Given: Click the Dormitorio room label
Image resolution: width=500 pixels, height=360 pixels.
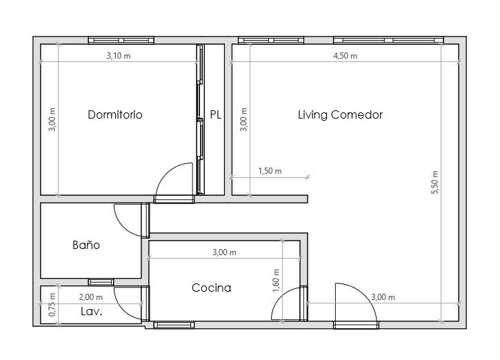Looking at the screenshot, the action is pos(114,114).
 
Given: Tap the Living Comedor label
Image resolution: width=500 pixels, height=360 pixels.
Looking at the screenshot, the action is pos(340,114).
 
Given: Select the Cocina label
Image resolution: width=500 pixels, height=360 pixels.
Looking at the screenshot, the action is pos(211,288).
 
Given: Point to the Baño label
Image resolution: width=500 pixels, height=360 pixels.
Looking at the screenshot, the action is pos(86,245).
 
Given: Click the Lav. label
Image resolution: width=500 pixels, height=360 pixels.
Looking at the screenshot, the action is pos(92,311).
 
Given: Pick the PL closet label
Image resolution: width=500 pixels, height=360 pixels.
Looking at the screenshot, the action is pos(216,114).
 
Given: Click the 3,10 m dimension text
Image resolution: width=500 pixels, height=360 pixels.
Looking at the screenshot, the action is pos(119,56).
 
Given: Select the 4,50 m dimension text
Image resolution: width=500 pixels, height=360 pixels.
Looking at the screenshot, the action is pos(346,56).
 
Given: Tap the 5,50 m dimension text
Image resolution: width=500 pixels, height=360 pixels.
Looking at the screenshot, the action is pos(435,182).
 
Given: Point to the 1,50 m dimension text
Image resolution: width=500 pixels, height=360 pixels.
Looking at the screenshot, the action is pos(270,171).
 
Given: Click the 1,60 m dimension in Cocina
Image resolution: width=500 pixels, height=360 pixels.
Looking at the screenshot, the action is pos(276,280).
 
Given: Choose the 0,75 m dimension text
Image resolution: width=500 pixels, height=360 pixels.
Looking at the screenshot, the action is pos(52,305).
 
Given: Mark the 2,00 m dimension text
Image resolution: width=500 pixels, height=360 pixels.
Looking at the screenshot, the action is pos(91,297).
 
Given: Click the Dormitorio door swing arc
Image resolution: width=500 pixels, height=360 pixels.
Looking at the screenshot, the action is pos(168,171).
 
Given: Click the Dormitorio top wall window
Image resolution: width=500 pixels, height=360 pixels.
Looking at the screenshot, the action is pos(121,40).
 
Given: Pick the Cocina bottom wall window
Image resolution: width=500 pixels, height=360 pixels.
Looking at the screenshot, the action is pos(174,325).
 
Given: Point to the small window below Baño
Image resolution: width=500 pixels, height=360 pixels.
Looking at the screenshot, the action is pos(101,282).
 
